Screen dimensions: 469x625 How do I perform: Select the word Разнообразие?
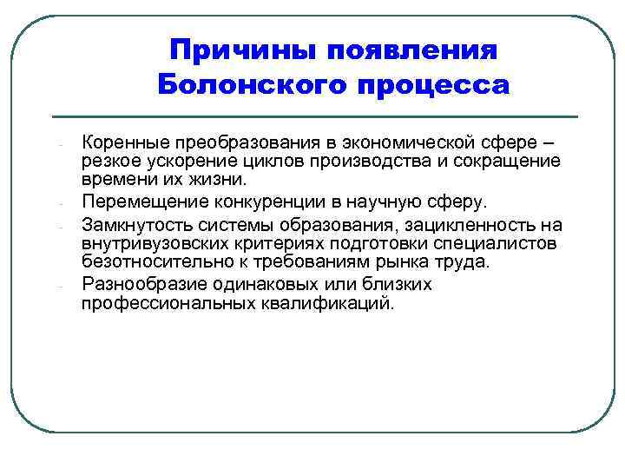[135, 285]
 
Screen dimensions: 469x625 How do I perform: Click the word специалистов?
[495, 243]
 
